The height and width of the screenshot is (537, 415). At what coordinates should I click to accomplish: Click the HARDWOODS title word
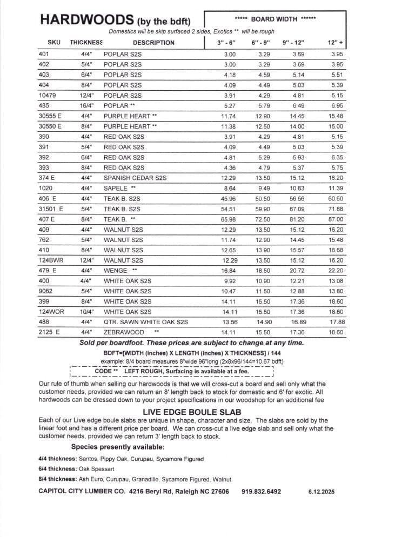pyautogui.click(x=86, y=20)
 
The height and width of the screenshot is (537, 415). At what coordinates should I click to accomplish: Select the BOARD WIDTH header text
pyautogui.click(x=276, y=19)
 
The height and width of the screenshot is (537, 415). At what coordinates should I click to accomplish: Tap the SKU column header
pyautogui.click(x=54, y=42)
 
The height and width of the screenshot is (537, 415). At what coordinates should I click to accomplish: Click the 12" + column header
pyautogui.click(x=336, y=42)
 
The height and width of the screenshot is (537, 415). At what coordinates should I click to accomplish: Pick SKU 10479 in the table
pyautogui.click(x=48, y=96)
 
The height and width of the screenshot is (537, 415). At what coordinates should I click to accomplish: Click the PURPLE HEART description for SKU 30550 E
pyautogui.click(x=130, y=126)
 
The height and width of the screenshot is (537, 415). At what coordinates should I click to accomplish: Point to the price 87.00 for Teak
pyautogui.click(x=336, y=219)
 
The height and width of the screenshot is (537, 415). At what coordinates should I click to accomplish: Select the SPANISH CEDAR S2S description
pyautogui.click(x=135, y=178)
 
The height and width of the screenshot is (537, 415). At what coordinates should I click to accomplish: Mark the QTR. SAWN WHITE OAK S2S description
pyautogui.click(x=145, y=323)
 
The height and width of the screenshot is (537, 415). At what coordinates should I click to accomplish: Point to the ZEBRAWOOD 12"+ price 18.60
pyautogui.click(x=336, y=333)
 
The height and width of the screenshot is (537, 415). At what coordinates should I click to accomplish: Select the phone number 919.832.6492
pyautogui.click(x=261, y=492)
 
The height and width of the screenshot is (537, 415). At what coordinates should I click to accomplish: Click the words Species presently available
pyautogui.click(x=118, y=447)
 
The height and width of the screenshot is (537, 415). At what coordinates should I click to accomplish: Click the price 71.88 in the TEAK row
pyautogui.click(x=336, y=209)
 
